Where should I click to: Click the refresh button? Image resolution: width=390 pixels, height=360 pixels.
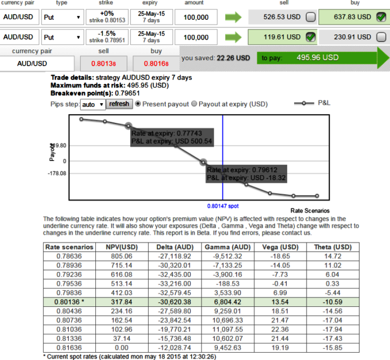tap(119, 104)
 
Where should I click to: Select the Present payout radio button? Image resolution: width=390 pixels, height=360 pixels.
tap(138, 104)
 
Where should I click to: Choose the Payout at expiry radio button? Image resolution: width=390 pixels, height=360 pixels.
tap(194, 104)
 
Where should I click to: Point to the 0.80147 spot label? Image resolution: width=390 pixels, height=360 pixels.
tap(223, 206)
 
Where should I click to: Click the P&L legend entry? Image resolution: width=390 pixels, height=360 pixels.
tap(324, 103)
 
